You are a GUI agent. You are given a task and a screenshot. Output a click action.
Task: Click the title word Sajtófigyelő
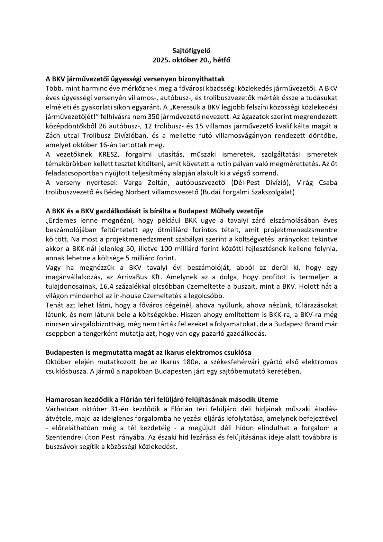coord(191,51)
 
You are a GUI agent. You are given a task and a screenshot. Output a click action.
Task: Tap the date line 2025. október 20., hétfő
coord(191,60)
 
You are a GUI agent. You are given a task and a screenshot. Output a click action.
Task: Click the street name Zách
coord(54,135)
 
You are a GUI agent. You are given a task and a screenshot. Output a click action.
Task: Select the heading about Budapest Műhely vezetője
coord(154,211)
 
